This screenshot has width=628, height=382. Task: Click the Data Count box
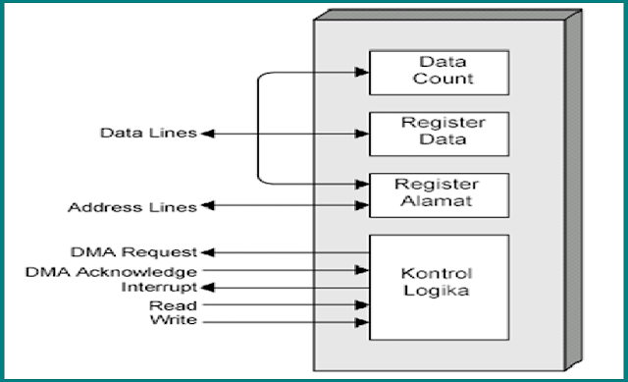pyautogui.click(x=438, y=72)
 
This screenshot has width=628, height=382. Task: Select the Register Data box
pyautogui.click(x=438, y=133)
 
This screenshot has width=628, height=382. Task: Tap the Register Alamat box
pyautogui.click(x=438, y=194)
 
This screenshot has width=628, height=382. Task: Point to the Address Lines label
pyautogui.click(x=131, y=207)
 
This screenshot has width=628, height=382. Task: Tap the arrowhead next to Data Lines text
pyautogui.click(x=205, y=133)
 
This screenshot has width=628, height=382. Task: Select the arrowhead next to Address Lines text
pyautogui.click(x=205, y=207)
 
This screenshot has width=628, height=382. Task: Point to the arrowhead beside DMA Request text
pyautogui.click(x=205, y=253)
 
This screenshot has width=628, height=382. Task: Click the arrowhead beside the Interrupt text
pyautogui.click(x=205, y=287)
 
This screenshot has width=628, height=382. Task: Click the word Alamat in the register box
pyautogui.click(x=438, y=201)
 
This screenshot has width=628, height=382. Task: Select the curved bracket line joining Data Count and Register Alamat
pyautogui.click(x=258, y=128)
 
